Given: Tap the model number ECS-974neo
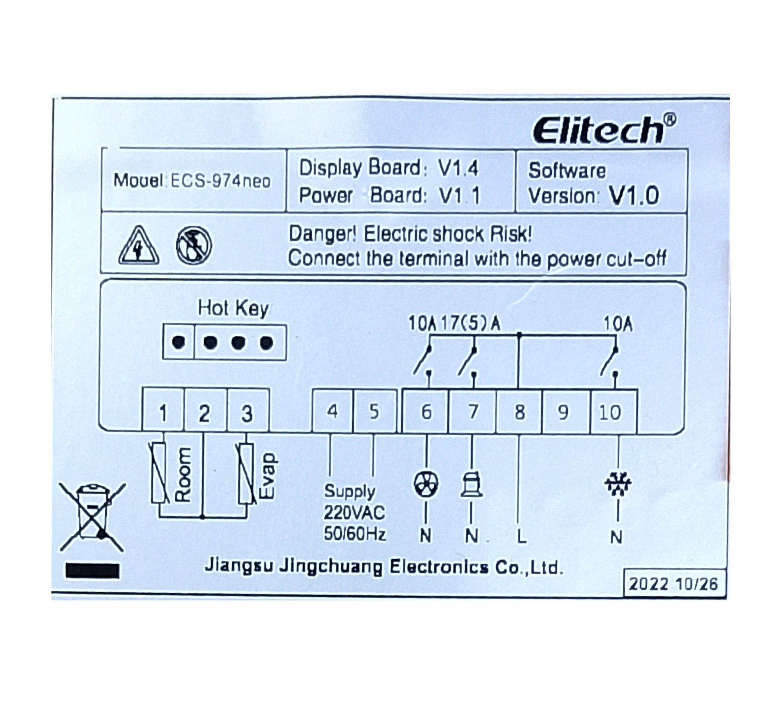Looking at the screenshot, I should (220, 181).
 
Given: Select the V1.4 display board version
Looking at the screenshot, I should (458, 168).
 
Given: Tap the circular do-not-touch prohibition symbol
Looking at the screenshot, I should (194, 245).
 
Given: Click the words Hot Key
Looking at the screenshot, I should (233, 308).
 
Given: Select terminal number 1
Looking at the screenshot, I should (163, 414).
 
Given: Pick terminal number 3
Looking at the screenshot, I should (247, 414).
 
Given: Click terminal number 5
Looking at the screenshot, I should (374, 412).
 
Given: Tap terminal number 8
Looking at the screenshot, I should (520, 413).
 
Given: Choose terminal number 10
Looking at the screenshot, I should (610, 413).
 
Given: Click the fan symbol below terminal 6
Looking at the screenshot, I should (426, 484).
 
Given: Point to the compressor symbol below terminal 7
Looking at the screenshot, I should (472, 484).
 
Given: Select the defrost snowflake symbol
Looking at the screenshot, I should (618, 484).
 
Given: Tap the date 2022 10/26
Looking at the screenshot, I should (673, 584).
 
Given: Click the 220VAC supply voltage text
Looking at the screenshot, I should (354, 512).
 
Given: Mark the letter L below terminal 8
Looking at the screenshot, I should (521, 536).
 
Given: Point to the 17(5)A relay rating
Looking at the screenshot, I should (470, 324).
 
